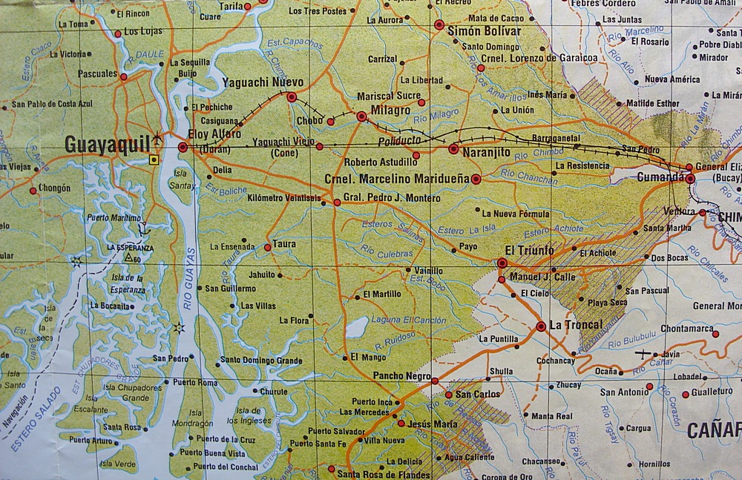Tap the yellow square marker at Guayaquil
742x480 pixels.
pyautogui.click(x=154, y=159)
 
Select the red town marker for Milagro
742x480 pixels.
pyautogui.click(x=361, y=116)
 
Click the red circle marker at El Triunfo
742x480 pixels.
pyautogui.click(x=502, y=263)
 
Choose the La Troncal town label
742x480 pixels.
pyautogui.click(x=576, y=325)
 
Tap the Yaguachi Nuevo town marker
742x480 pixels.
pyautogui.click(x=292, y=96)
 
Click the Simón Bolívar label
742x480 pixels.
pyautogui.click(x=482, y=31)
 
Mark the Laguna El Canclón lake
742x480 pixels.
pyautogui.click(x=358, y=326)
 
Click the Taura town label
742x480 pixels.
pyautogui.click(x=284, y=244)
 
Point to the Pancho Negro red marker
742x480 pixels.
pyautogui.click(x=435, y=381)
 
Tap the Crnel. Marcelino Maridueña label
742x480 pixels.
pyautogui.click(x=394, y=179)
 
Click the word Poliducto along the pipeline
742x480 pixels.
pyautogui.click(x=399, y=139)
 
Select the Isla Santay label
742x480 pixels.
pyautogui.click(x=182, y=179)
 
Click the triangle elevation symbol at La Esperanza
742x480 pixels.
pyautogui.click(x=128, y=257)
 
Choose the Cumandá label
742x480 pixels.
pyautogui.click(x=660, y=178)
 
